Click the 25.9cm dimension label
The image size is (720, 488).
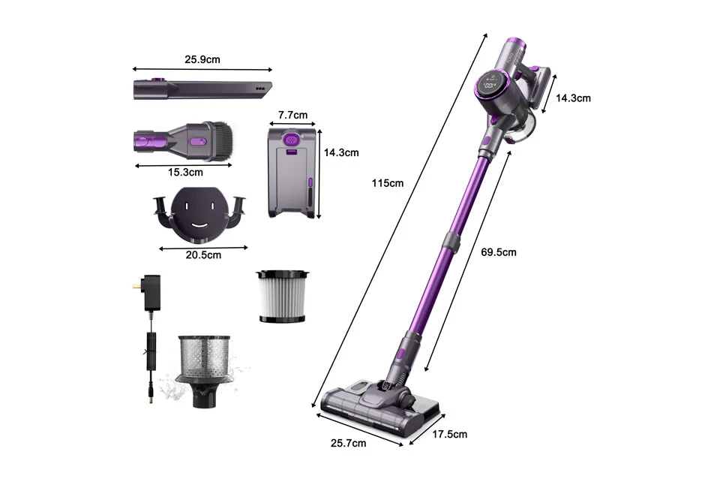(202, 58)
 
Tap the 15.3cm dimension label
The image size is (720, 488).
(184, 173)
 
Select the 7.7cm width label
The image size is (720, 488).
(292, 115)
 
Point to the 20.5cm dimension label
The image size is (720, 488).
(203, 255)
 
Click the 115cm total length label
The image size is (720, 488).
(388, 183)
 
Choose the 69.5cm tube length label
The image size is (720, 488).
(498, 252)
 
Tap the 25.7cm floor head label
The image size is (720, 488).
(347, 443)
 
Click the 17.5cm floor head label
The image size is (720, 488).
(449, 434)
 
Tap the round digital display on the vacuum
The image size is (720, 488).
(492, 84)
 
